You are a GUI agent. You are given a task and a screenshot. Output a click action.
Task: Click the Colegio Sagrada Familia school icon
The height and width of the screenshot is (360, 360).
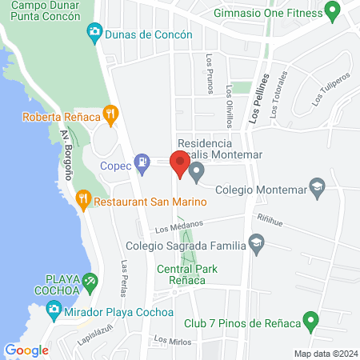(x=256, y=242)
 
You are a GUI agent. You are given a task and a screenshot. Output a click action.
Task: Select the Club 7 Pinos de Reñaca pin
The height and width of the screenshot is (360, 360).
(x=313, y=322)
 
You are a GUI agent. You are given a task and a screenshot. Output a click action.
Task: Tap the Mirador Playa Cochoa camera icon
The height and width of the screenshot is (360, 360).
(x=54, y=308)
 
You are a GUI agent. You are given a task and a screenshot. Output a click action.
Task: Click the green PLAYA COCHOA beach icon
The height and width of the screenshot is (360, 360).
(x=90, y=281)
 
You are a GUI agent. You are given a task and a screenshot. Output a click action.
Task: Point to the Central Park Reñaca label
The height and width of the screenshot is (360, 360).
(x=189, y=274)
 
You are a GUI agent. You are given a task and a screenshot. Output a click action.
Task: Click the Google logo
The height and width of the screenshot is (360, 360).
(x=26, y=350)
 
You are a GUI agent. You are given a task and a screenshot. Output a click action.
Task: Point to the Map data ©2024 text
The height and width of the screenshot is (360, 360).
(x=324, y=354)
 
